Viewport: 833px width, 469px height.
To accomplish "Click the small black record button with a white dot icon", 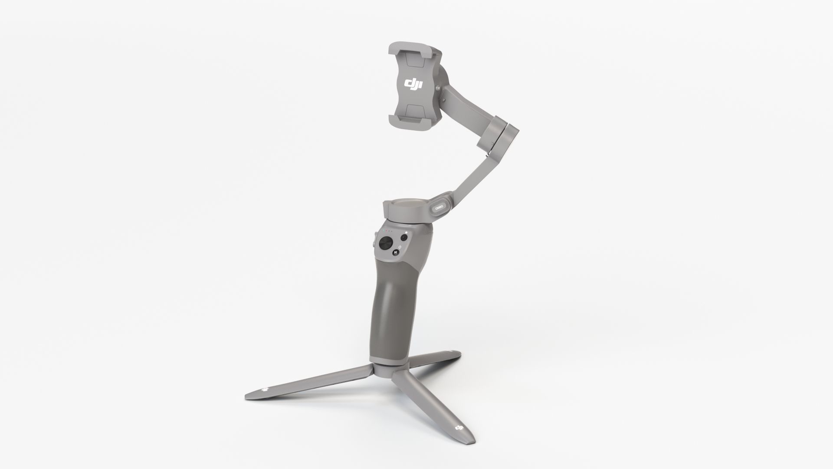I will (404, 238).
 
